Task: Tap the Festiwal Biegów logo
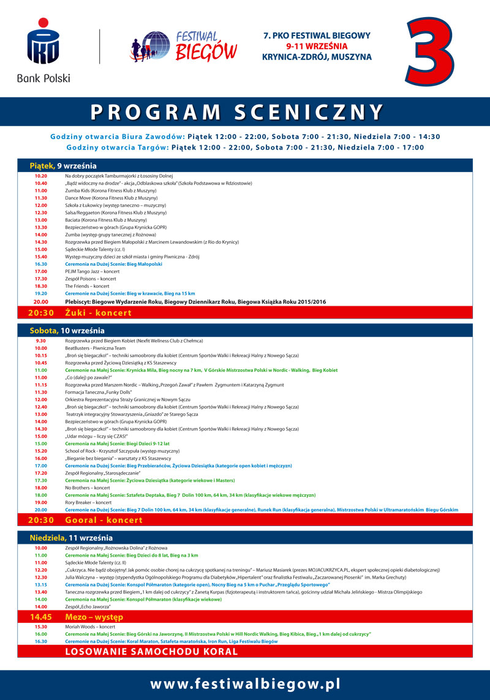pyautogui.click(x=184, y=46)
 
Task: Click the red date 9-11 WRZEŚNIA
pyautogui.click(x=317, y=46)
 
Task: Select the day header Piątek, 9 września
pyautogui.click(x=63, y=165)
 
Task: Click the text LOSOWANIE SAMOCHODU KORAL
pyautogui.click(x=151, y=651)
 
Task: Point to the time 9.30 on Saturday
pyautogui.click(x=41, y=341)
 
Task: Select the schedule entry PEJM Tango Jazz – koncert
pyautogui.click(x=92, y=271)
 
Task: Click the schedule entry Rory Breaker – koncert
pyautogui.click(x=88, y=502)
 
